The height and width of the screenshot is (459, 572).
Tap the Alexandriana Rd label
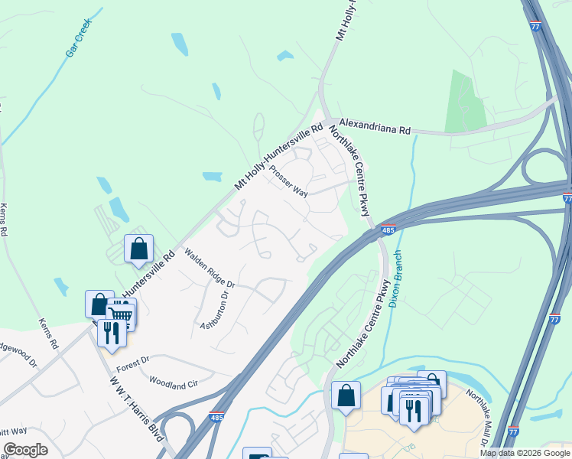(375, 126)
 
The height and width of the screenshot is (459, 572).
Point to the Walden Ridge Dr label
(209, 269)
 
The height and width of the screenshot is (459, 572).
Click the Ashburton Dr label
(214, 310)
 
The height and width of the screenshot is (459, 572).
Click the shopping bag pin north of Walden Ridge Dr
(138, 249)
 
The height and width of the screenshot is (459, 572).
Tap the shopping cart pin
(122, 314)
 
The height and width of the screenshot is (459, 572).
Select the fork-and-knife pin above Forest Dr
(112, 334)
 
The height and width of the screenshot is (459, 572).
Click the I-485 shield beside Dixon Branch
(389, 229)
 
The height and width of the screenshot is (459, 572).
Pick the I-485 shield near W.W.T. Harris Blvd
(216, 418)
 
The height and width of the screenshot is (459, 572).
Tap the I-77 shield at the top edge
(534, 25)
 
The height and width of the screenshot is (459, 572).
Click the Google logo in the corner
(25, 450)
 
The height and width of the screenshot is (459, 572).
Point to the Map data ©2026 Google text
(525, 453)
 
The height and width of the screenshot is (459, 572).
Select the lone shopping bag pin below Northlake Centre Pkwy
(346, 396)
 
